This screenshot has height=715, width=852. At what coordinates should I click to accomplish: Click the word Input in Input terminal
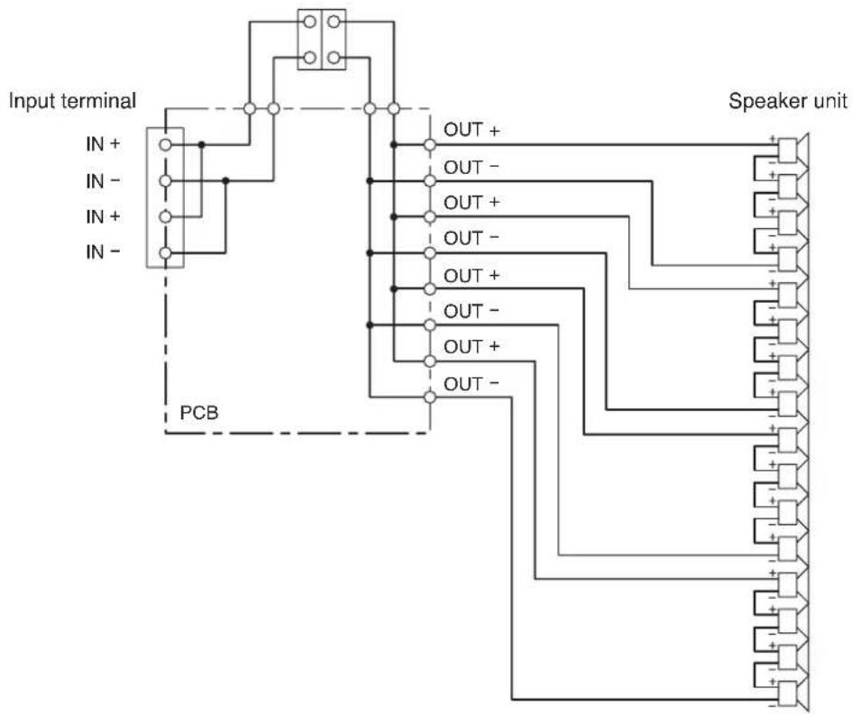(32, 102)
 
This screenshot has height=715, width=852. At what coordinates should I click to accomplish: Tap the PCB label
(199, 413)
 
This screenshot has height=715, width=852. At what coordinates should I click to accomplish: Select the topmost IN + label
(103, 144)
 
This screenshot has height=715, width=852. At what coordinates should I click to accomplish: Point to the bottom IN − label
(103, 252)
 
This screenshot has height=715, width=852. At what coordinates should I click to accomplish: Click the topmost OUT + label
(472, 131)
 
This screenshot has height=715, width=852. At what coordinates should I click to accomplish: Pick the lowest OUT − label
(472, 384)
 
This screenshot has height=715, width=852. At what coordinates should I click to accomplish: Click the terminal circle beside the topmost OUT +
(430, 145)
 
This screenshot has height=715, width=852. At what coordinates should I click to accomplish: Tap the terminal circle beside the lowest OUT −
(430, 397)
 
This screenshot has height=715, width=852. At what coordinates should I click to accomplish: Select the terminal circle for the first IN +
(166, 145)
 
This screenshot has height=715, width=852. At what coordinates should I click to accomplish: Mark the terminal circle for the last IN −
(166, 253)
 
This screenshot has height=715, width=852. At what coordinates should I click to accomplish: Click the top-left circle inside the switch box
(310, 22)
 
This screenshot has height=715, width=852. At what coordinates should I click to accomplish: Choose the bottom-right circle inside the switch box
(334, 57)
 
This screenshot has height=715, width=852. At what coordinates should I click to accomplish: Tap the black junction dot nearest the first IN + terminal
(202, 145)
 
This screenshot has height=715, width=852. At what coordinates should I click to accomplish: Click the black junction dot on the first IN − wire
(225, 180)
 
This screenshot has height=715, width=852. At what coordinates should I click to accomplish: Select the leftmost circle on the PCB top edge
(250, 109)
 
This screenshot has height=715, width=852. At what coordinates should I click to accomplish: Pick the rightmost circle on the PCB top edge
(394, 109)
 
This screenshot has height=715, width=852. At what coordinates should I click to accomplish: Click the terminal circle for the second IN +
(166, 217)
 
